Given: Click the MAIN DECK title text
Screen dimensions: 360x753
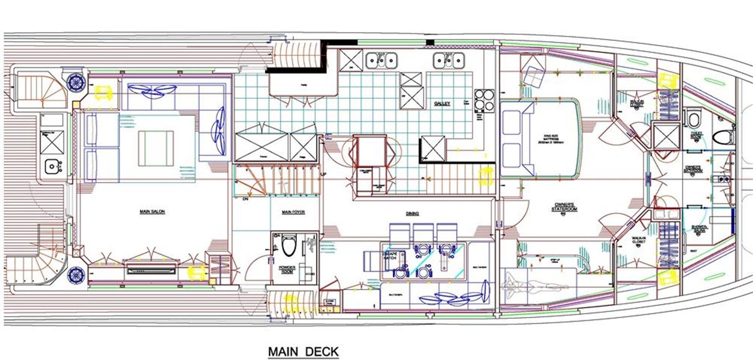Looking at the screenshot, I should coord(303,352).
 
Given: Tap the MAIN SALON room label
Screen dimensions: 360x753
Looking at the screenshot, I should coord(152,212).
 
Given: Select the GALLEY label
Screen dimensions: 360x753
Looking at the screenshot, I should coord(443,104).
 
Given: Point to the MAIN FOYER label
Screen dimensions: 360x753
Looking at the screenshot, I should coord(293,212).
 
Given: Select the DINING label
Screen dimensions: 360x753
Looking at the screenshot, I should coord(412,214).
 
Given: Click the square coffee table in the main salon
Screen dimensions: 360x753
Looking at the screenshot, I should coord(156,147).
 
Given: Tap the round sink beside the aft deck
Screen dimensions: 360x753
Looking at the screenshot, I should coord(51,166).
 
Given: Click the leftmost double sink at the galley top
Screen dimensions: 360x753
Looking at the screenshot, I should coord(381,60).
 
